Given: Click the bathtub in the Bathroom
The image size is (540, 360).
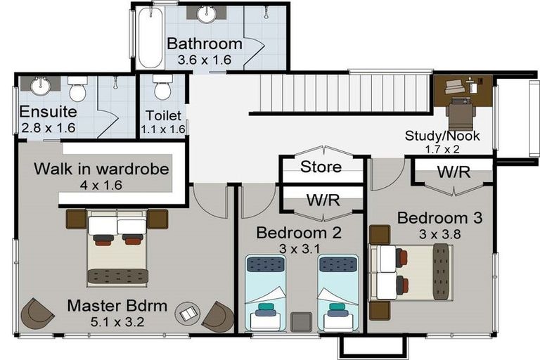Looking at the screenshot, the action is click(150, 37).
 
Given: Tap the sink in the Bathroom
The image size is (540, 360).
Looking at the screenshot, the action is click(207, 14).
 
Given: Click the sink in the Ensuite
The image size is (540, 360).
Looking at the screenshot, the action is click(41, 86).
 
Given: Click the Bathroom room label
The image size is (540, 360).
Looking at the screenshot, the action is click(205, 44).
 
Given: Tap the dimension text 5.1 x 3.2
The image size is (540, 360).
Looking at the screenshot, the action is click(117, 322).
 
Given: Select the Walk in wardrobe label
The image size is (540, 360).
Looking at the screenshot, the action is click(101, 169).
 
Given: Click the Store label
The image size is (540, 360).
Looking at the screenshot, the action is click(321, 167).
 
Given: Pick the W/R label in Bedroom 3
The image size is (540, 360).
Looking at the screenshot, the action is click(454, 172).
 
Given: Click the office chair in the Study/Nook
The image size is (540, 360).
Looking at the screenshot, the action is click(461, 114).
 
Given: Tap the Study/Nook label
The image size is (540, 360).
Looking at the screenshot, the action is click(442, 136).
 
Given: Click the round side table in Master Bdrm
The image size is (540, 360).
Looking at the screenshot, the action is click(187, 314).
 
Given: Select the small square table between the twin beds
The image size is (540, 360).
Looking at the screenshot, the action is click(302, 322).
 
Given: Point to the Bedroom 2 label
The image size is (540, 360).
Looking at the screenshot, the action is click(299, 233).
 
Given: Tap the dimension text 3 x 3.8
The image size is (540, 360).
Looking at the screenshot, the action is click(439, 234).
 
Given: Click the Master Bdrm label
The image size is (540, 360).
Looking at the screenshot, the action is click(117, 306).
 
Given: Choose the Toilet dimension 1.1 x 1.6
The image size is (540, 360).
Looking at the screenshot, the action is click(163, 129).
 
